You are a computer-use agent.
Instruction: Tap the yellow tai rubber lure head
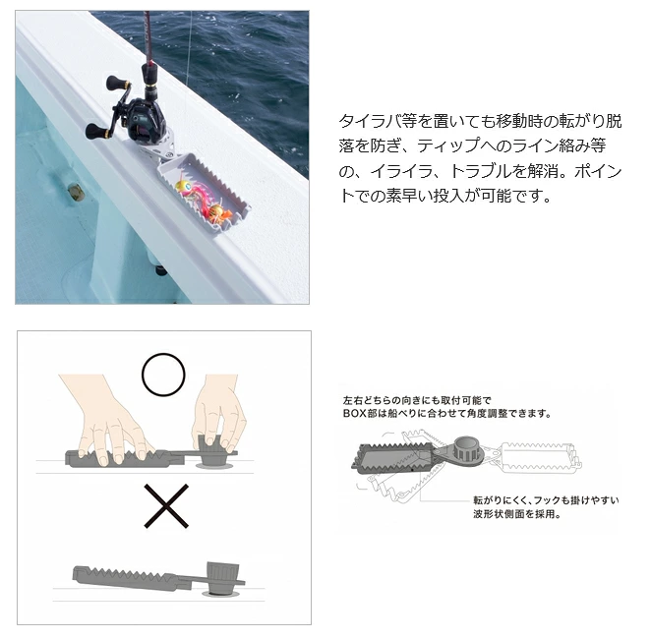pos(183,187)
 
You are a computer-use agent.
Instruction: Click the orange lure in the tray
pos(217,211)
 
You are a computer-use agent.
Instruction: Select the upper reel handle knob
pos(113,83)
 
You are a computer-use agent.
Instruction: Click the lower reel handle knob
pos(94,131)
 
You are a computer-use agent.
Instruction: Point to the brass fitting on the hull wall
pos(75,192)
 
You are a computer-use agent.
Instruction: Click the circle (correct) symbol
pos(163,375)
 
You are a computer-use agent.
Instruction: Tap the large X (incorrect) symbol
pos(166,506)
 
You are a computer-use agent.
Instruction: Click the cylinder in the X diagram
pos(223,578)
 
